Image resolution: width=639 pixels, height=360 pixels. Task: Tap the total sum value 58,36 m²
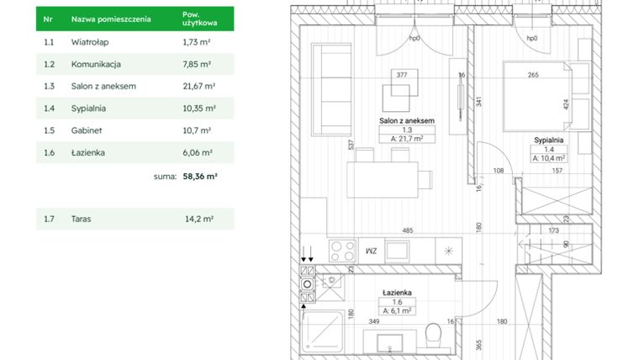200,177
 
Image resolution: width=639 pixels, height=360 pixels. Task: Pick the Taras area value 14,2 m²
198,219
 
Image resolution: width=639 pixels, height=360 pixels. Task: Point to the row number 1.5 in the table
49,130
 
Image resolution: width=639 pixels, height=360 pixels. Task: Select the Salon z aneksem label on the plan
406,121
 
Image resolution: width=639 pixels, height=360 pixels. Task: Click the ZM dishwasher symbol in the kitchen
371,250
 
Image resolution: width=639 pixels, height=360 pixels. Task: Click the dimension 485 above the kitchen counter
407,230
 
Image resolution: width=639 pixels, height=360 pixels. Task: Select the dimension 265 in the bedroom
532,75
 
